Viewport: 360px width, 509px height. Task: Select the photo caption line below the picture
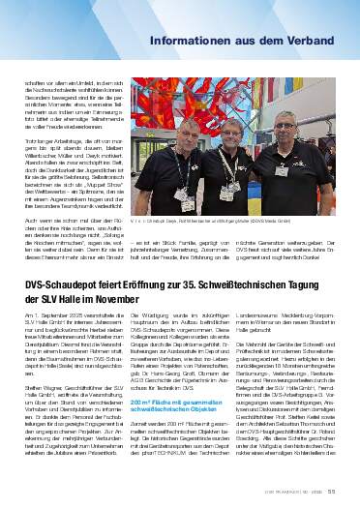click(205, 221)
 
